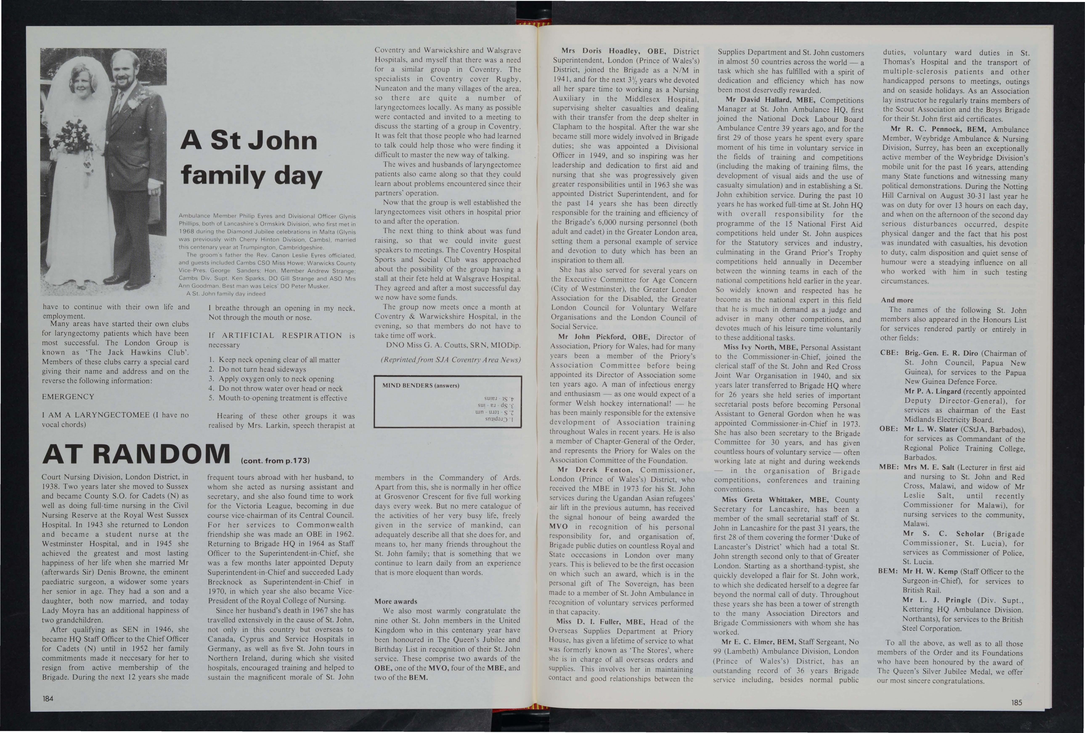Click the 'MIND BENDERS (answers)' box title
click(421, 385)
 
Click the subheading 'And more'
click(897, 300)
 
